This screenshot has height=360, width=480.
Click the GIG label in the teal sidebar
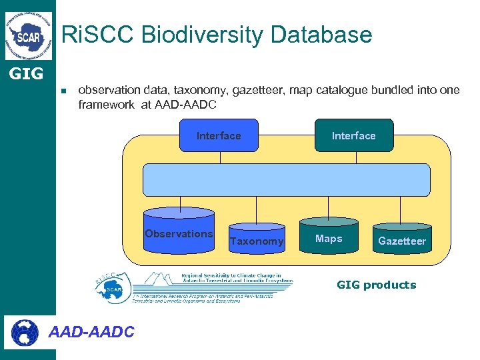coord(26,73)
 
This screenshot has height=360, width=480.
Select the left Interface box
coord(219,135)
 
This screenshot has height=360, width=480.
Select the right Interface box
coord(354,135)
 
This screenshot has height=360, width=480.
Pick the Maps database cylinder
coord(329,237)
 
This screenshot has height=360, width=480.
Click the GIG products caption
coord(376,285)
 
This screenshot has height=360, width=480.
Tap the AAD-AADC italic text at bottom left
coord(92,331)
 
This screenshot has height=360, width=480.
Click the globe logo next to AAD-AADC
coord(25,331)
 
